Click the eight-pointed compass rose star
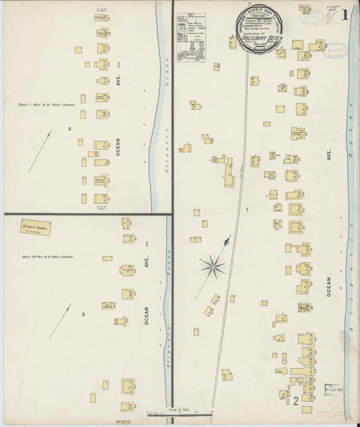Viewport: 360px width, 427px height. pos(213,265)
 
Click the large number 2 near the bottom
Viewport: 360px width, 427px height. pos(296,402)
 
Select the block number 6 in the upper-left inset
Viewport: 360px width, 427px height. pos(69,128)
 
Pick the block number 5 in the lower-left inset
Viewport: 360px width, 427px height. pos(83,314)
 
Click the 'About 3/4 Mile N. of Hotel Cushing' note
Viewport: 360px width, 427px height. pos(46,257)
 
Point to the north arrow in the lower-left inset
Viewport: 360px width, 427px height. pos(60,321)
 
